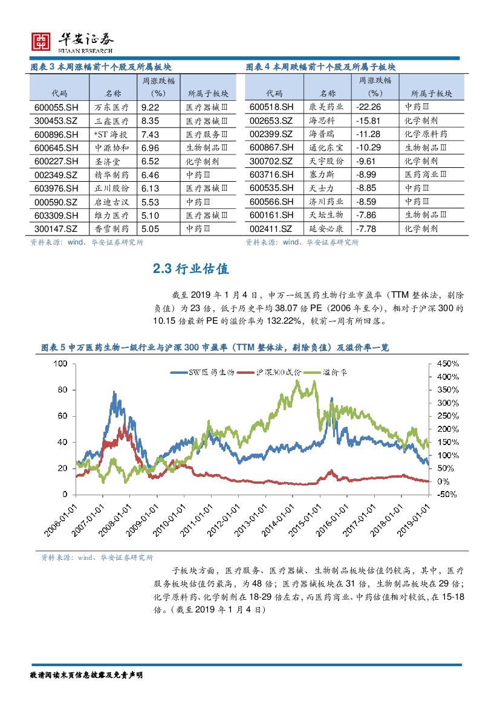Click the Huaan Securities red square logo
click(41, 41)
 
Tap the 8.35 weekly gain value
click(149, 121)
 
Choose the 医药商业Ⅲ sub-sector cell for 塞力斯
click(426, 175)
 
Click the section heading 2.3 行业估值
click(190, 269)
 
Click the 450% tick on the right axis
click(448, 364)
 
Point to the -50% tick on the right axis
click(447, 495)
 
